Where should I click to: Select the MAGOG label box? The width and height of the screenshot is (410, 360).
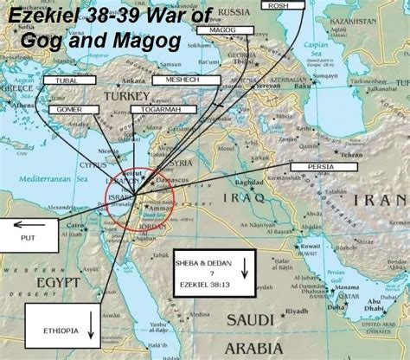[222, 29]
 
